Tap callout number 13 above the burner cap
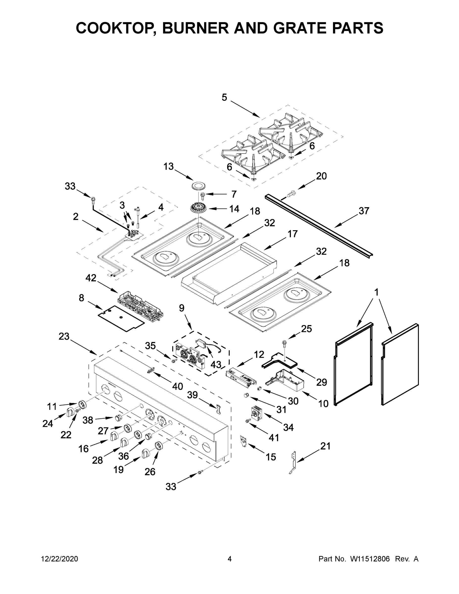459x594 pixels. pyautogui.click(x=168, y=166)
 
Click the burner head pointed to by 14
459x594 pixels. pyautogui.click(x=199, y=209)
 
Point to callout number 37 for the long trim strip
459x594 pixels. pyautogui.click(x=364, y=211)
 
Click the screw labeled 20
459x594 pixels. pyautogui.click(x=291, y=194)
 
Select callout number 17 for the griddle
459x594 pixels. pyautogui.click(x=292, y=234)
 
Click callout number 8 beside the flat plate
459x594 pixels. pyautogui.click(x=81, y=298)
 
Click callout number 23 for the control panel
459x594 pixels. pyautogui.click(x=64, y=336)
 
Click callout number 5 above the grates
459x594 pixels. pyautogui.click(x=224, y=97)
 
